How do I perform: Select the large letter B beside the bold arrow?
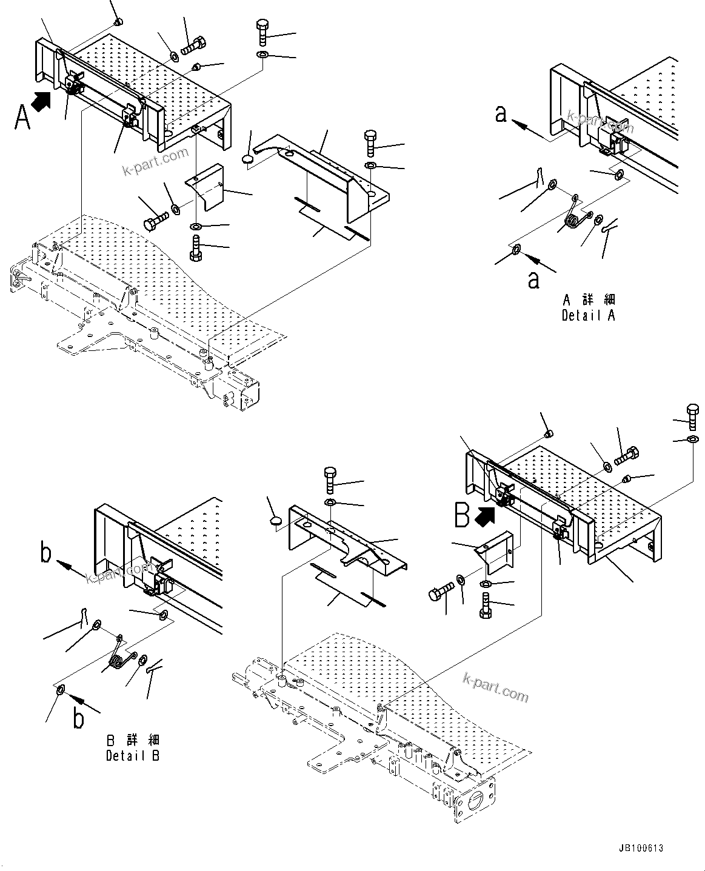pyautogui.click(x=463, y=516)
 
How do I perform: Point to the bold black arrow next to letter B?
pyautogui.click(x=486, y=515)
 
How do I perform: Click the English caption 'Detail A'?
pyautogui.click(x=588, y=315)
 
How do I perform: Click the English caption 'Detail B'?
pyautogui.click(x=133, y=756)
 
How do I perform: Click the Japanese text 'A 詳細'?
pyautogui.click(x=589, y=299)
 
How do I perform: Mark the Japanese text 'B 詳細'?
pyautogui.click(x=133, y=740)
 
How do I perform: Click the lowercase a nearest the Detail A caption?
pyautogui.click(x=533, y=279)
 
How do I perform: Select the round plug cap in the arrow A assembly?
pyautogui.click(x=248, y=159)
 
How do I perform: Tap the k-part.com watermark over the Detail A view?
pyautogui.click(x=600, y=121)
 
